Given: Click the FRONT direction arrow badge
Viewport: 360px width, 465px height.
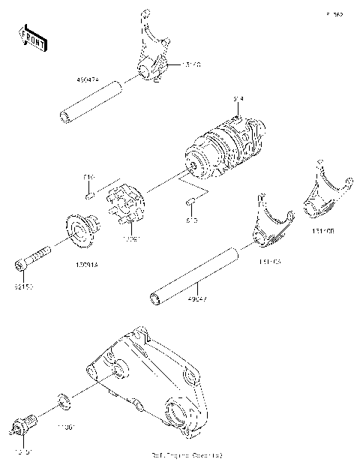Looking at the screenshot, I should tap(32, 37).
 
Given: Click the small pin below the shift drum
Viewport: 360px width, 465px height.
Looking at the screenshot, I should tap(191, 202).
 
